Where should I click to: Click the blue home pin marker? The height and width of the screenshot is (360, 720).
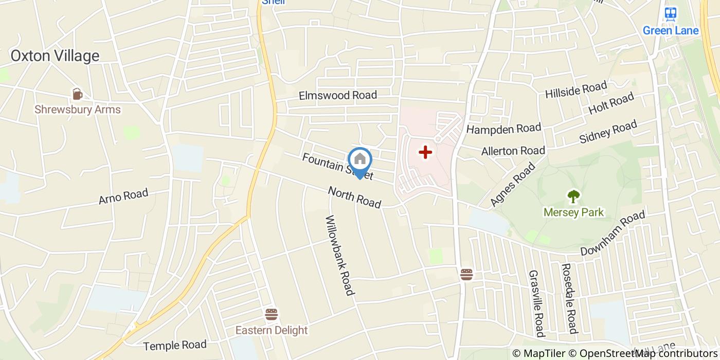[x=359, y=160]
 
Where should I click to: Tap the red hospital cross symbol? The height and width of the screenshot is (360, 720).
[x=425, y=152]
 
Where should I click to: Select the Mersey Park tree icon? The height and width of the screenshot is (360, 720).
[x=573, y=196]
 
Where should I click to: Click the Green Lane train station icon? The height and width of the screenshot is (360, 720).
[x=670, y=14]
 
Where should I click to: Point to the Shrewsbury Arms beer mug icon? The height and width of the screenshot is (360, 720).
[x=77, y=94]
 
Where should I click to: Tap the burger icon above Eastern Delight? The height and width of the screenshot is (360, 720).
[x=271, y=314]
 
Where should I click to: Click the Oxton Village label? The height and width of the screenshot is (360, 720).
[x=55, y=56]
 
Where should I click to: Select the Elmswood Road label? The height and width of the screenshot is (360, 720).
[x=338, y=95]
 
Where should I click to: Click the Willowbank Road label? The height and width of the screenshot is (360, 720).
[x=339, y=255]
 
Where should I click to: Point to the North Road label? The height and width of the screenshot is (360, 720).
[x=355, y=197]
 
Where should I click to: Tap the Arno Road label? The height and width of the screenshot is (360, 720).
[x=123, y=196]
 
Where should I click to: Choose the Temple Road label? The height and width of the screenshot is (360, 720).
[x=175, y=345]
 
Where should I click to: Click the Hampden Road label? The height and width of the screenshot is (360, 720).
[x=503, y=128]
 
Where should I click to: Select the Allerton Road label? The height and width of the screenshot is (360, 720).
[x=513, y=151]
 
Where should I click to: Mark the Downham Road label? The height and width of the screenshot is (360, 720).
[x=613, y=234]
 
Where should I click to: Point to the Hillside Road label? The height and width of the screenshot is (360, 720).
[x=576, y=89]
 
